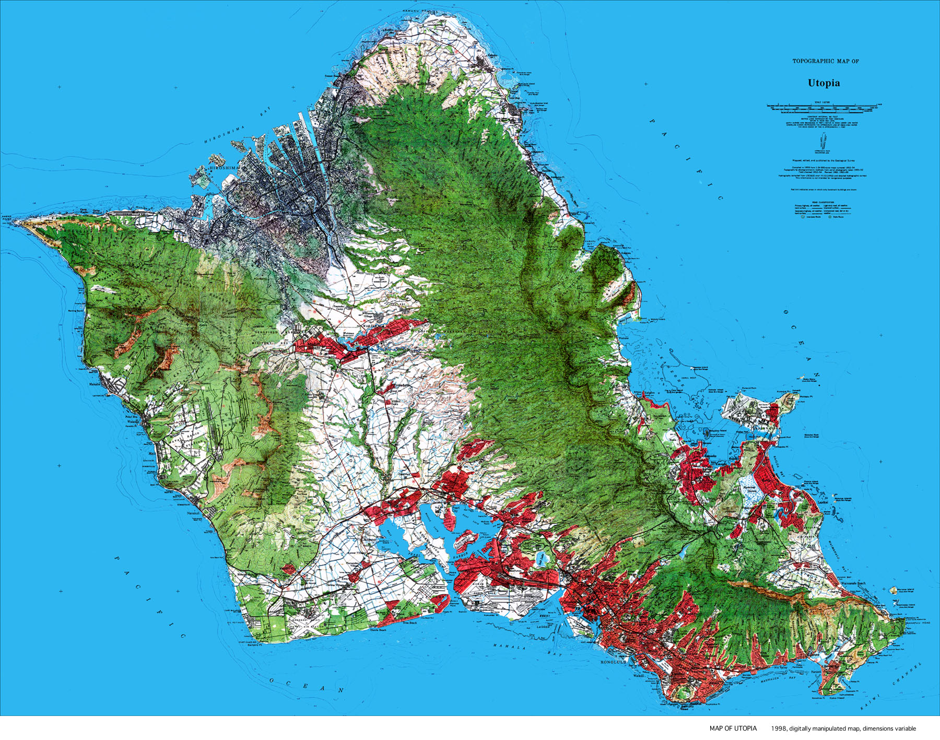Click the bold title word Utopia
[824, 83]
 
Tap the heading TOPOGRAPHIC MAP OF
[826, 61]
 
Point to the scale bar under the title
[824, 109]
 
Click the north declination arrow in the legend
[824, 141]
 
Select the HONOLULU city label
[613, 662]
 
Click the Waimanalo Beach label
[852, 583]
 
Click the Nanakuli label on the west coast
[194, 513]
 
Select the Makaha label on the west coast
[95, 384]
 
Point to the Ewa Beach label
[410, 622]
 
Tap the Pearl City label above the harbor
[455, 509]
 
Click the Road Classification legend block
[822, 209]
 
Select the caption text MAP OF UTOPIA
[733, 729]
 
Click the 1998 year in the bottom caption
[779, 729]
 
